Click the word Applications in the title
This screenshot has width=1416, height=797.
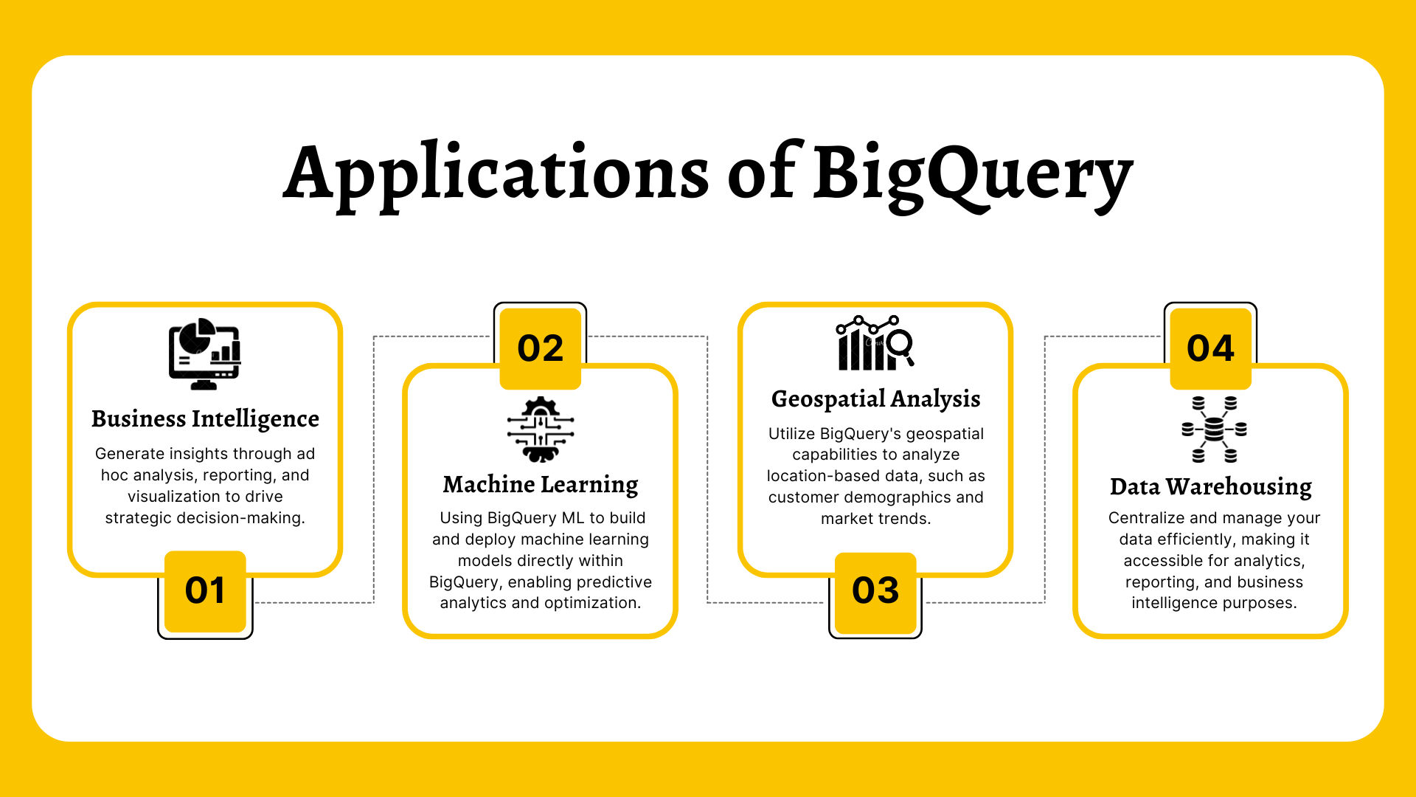(496, 174)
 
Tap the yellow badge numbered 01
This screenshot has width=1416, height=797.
(205, 590)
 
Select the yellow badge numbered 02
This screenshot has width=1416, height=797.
(541, 348)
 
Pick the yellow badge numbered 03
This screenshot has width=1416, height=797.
(875, 590)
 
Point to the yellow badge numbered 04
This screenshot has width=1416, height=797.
(1210, 348)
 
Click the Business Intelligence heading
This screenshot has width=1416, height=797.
(205, 418)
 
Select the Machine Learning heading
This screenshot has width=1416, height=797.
(541, 484)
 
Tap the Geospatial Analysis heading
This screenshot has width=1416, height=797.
(875, 398)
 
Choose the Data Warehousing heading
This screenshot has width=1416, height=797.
(1210, 486)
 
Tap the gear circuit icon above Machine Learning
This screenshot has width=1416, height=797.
(541, 429)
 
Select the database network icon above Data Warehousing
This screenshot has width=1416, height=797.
(1214, 429)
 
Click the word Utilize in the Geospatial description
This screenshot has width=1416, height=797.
(791, 434)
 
